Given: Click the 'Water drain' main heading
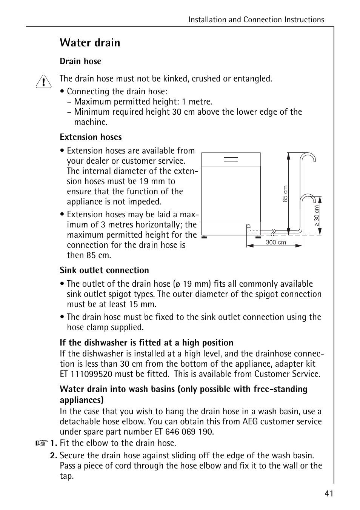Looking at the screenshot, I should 90,43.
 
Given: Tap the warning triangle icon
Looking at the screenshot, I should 43,81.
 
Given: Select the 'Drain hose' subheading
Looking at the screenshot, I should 80,61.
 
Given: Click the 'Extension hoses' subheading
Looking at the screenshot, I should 91,137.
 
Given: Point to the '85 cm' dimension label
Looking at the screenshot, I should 285,194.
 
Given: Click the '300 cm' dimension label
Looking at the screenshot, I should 275,243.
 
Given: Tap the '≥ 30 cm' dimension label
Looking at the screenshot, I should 317,216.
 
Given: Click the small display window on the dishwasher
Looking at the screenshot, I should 231,159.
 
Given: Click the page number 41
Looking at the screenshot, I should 329,494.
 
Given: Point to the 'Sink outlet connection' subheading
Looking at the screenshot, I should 104,270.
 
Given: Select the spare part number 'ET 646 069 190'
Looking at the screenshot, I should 184,432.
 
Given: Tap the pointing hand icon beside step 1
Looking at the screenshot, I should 42,443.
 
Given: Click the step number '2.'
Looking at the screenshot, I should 54,455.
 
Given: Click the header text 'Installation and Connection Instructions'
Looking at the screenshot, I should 256,20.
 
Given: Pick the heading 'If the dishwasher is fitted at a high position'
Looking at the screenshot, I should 146,343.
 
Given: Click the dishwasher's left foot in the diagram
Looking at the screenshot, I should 204,237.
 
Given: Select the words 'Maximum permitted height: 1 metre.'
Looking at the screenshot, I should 143,101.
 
